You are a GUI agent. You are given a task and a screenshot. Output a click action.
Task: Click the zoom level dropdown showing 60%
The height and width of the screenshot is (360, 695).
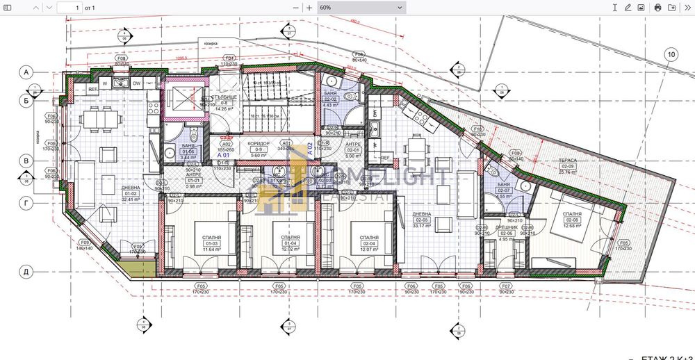[x=360, y=7]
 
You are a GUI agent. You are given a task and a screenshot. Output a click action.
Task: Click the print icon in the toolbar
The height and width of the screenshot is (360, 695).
[x=657, y=7]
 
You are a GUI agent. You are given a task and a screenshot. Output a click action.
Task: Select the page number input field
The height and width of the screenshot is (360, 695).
[x=68, y=7]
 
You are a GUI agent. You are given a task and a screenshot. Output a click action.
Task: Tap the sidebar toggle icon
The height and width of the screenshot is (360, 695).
[x=8, y=7]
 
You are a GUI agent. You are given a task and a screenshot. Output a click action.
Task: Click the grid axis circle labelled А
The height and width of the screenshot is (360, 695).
[x=26, y=72]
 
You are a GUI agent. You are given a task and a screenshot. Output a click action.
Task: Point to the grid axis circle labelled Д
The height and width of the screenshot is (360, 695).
[x=26, y=272]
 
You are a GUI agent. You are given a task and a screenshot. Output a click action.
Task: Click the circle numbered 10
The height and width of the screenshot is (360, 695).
[x=671, y=54]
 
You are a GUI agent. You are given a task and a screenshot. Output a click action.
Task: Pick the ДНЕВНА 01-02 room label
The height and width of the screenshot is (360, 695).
[x=131, y=193]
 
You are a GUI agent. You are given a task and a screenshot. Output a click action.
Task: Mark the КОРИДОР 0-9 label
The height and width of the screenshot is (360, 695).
[x=259, y=149]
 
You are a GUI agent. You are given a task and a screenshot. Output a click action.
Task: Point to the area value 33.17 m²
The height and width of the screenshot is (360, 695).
[x=422, y=225]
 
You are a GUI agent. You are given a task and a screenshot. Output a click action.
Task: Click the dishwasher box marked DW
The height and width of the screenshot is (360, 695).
[x=136, y=84]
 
